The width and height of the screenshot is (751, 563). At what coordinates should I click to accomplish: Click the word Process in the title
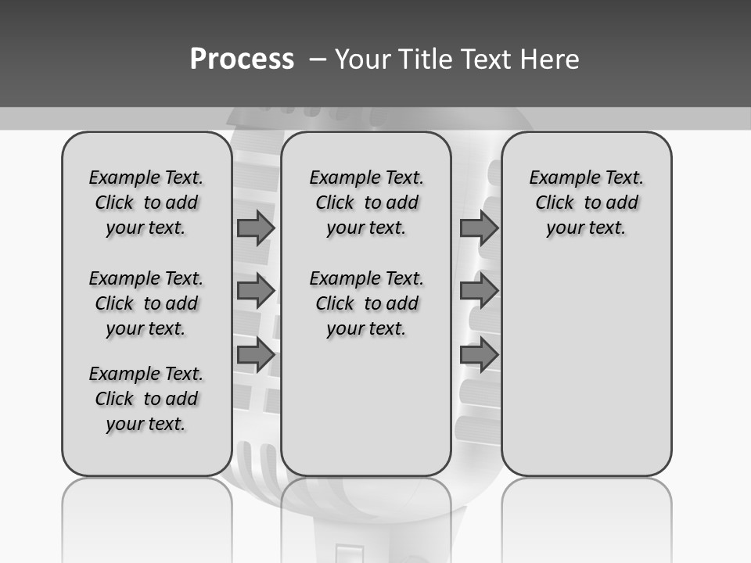(x=242, y=59)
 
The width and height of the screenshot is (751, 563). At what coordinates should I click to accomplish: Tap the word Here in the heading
(x=550, y=59)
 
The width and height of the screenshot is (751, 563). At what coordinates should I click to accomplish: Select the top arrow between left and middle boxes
(x=255, y=228)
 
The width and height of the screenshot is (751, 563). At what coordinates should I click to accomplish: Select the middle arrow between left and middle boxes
(x=255, y=291)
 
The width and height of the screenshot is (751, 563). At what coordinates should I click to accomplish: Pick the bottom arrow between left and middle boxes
(x=255, y=355)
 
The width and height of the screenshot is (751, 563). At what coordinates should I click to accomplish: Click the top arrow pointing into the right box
(x=479, y=228)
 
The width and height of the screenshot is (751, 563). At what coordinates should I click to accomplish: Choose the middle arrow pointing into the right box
(x=479, y=291)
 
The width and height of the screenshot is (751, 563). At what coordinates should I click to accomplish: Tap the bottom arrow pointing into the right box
(x=479, y=355)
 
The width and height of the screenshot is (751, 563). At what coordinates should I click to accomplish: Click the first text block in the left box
(x=146, y=203)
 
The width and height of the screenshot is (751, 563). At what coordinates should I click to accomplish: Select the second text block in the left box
(x=146, y=303)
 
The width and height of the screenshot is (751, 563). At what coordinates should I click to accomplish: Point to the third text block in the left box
(x=146, y=399)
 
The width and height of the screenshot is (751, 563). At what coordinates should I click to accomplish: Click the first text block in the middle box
(x=366, y=203)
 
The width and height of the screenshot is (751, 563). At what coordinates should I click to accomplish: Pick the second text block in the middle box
(x=366, y=303)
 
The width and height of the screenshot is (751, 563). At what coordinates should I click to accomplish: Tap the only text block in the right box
(x=586, y=203)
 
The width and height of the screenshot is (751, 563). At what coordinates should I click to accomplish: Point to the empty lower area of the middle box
(x=366, y=407)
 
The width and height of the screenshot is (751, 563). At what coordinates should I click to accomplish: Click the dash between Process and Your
(x=318, y=59)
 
